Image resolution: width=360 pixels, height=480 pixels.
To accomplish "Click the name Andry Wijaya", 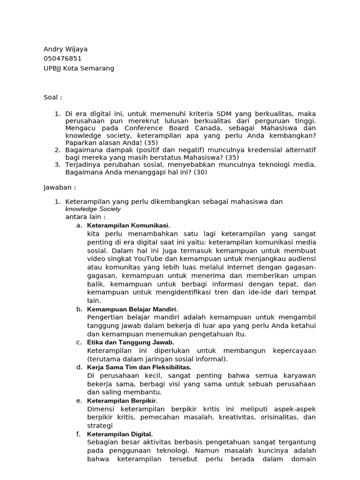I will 65,49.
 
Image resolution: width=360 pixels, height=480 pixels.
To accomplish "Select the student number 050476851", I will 62,59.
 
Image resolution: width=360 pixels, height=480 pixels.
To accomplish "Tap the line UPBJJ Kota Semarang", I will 79,68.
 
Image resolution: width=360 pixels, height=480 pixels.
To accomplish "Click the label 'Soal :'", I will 52,97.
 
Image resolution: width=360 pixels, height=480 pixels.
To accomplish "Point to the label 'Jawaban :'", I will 60,187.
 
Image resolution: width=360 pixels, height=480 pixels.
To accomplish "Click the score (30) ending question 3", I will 200,172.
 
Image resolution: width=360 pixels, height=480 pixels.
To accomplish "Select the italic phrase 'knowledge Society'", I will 93,209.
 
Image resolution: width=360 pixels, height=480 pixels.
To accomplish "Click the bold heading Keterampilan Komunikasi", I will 128,225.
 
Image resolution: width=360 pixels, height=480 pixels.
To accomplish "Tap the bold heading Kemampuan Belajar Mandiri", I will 132,309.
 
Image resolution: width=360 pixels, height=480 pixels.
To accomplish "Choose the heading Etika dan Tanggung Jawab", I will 130,343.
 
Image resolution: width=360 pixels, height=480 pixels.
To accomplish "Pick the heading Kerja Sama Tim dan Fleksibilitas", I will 139,367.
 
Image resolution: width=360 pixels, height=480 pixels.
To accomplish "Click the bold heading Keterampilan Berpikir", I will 122,401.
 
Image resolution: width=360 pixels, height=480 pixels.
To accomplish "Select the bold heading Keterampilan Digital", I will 120,434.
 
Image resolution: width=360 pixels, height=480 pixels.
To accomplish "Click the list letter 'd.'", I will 79,367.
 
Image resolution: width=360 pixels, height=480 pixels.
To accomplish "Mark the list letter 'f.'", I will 79,434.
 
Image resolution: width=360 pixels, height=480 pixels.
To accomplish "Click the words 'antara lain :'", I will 85,217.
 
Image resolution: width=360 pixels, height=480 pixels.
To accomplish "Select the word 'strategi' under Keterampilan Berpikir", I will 100,426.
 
